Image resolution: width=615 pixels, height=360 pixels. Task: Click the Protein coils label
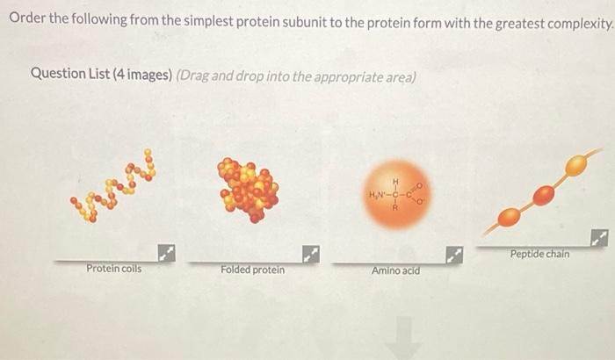[113, 268]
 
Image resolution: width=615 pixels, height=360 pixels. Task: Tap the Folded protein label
[252, 270]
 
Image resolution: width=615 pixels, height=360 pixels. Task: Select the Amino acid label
[395, 270]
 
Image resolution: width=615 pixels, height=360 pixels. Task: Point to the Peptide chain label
[539, 254]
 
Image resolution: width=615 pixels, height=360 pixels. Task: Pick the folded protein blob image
[249, 190]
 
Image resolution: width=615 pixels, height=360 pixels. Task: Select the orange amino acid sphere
[395, 195]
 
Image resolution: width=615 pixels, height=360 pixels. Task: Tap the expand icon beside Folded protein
[309, 255]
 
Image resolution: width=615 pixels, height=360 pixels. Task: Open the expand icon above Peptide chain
[599, 237]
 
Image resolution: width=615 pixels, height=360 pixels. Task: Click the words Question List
[70, 74]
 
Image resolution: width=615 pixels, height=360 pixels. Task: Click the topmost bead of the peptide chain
[576, 164]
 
